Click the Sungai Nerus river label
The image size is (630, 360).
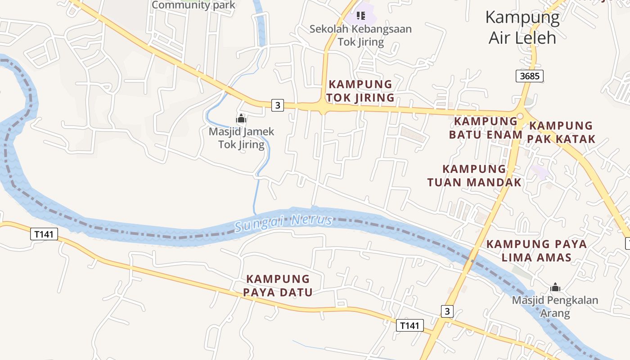(x=284, y=222)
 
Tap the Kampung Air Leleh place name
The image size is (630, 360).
(x=522, y=27)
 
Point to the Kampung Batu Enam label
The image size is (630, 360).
(x=486, y=128)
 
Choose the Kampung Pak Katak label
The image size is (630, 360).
(x=561, y=132)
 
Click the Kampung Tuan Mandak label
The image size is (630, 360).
(x=474, y=175)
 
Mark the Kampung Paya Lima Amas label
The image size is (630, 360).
(x=536, y=251)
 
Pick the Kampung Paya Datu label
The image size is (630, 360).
(x=278, y=285)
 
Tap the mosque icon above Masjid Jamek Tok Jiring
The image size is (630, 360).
(x=241, y=119)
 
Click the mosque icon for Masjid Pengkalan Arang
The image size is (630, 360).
(x=555, y=287)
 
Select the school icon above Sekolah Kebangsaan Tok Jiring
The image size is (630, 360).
(x=360, y=16)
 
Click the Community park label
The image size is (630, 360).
(x=193, y=5)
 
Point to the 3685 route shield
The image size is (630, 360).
(x=529, y=76)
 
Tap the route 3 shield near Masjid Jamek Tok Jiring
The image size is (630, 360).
(x=278, y=106)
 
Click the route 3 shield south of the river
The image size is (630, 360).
(x=447, y=311)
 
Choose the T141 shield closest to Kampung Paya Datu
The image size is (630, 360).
(x=409, y=325)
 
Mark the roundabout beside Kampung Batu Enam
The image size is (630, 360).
(x=520, y=116)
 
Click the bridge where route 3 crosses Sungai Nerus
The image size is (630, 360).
(x=471, y=261)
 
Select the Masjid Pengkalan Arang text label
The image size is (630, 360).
(x=555, y=306)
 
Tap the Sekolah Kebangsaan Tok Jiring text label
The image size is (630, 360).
(x=360, y=36)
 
